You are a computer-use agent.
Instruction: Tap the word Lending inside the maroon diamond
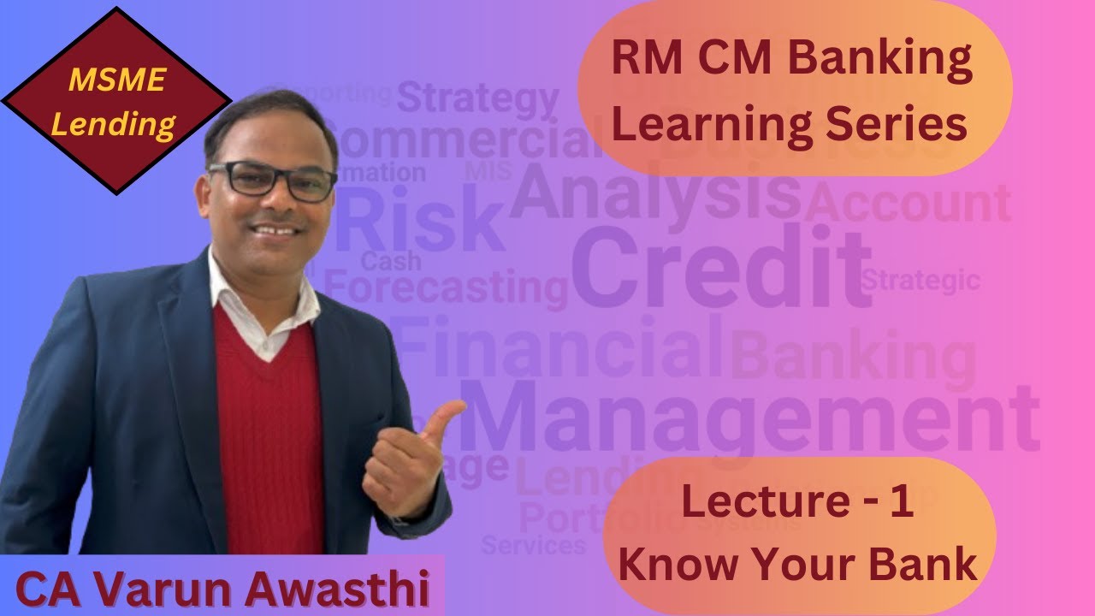(114, 124)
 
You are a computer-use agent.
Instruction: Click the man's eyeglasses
(271, 180)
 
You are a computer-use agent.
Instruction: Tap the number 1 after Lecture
(902, 502)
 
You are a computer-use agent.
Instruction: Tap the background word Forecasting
(446, 287)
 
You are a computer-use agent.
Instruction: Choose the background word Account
(907, 204)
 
